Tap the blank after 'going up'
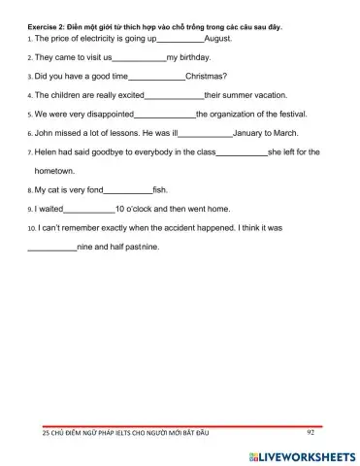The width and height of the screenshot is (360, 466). click(x=181, y=40)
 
